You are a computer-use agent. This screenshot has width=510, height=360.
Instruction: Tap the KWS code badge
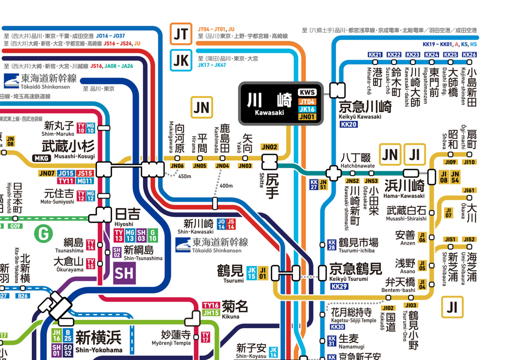pos(307,93)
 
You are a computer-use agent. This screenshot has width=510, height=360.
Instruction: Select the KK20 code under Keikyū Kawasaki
pos(348,124)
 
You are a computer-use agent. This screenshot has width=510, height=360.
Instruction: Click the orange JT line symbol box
pos(181,34)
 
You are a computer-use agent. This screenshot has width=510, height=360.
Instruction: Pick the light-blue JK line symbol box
pos(181,60)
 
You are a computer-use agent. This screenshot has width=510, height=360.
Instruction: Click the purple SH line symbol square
pos(124,273)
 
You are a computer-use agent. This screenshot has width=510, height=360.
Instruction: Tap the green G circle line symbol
pos(43,234)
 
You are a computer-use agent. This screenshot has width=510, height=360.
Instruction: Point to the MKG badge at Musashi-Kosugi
pos(42,158)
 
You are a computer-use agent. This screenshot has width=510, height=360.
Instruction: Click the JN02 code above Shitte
pos(269,147)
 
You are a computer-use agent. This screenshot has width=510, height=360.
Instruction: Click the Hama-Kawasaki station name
pos(404,188)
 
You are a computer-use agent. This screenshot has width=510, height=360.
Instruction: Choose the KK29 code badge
pos(339,286)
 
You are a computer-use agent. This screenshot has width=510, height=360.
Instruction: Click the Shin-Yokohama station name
pos(99,341)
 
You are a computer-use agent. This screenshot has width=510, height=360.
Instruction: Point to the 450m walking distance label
pos(185,176)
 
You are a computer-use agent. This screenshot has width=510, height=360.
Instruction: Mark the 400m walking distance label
pos(226,186)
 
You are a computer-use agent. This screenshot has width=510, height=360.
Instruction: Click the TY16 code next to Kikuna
pos(211,305)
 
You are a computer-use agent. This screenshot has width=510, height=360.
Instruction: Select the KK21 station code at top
pos(375,55)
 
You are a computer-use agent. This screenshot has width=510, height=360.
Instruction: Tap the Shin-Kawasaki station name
pos(198,226)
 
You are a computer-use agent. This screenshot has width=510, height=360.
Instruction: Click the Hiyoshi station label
pos(127,217)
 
